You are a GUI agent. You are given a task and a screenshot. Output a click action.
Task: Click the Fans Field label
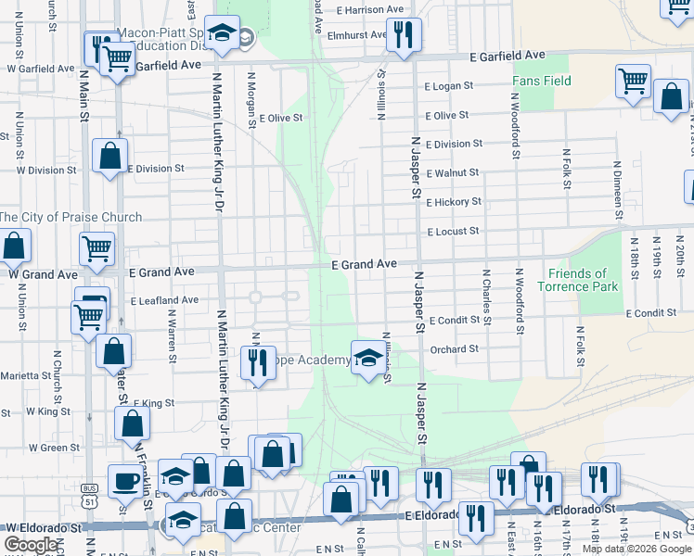pos(542,82)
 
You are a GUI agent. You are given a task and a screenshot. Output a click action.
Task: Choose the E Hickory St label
pos(454,201)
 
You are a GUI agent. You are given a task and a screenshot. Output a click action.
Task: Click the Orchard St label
pos(454,349)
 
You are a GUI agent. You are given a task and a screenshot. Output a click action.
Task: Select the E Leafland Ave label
pos(164,300)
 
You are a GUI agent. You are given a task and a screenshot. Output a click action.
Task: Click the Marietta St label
pos(26,375)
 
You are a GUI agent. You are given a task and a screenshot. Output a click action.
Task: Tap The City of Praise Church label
pos(71,218)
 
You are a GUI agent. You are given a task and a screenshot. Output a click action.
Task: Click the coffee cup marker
pos(125,480)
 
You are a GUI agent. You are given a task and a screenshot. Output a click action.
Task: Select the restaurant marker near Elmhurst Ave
pos(403,34)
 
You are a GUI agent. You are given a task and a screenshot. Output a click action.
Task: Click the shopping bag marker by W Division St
pos(110,156)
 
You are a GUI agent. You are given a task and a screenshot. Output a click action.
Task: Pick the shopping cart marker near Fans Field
pos(633,80)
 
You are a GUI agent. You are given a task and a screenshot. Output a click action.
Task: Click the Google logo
pos(32,545)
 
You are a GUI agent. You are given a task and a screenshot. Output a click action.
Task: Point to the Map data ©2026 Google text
pos(636,549)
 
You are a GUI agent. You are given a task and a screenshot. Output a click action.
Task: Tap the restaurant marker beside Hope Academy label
pos(257,362)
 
